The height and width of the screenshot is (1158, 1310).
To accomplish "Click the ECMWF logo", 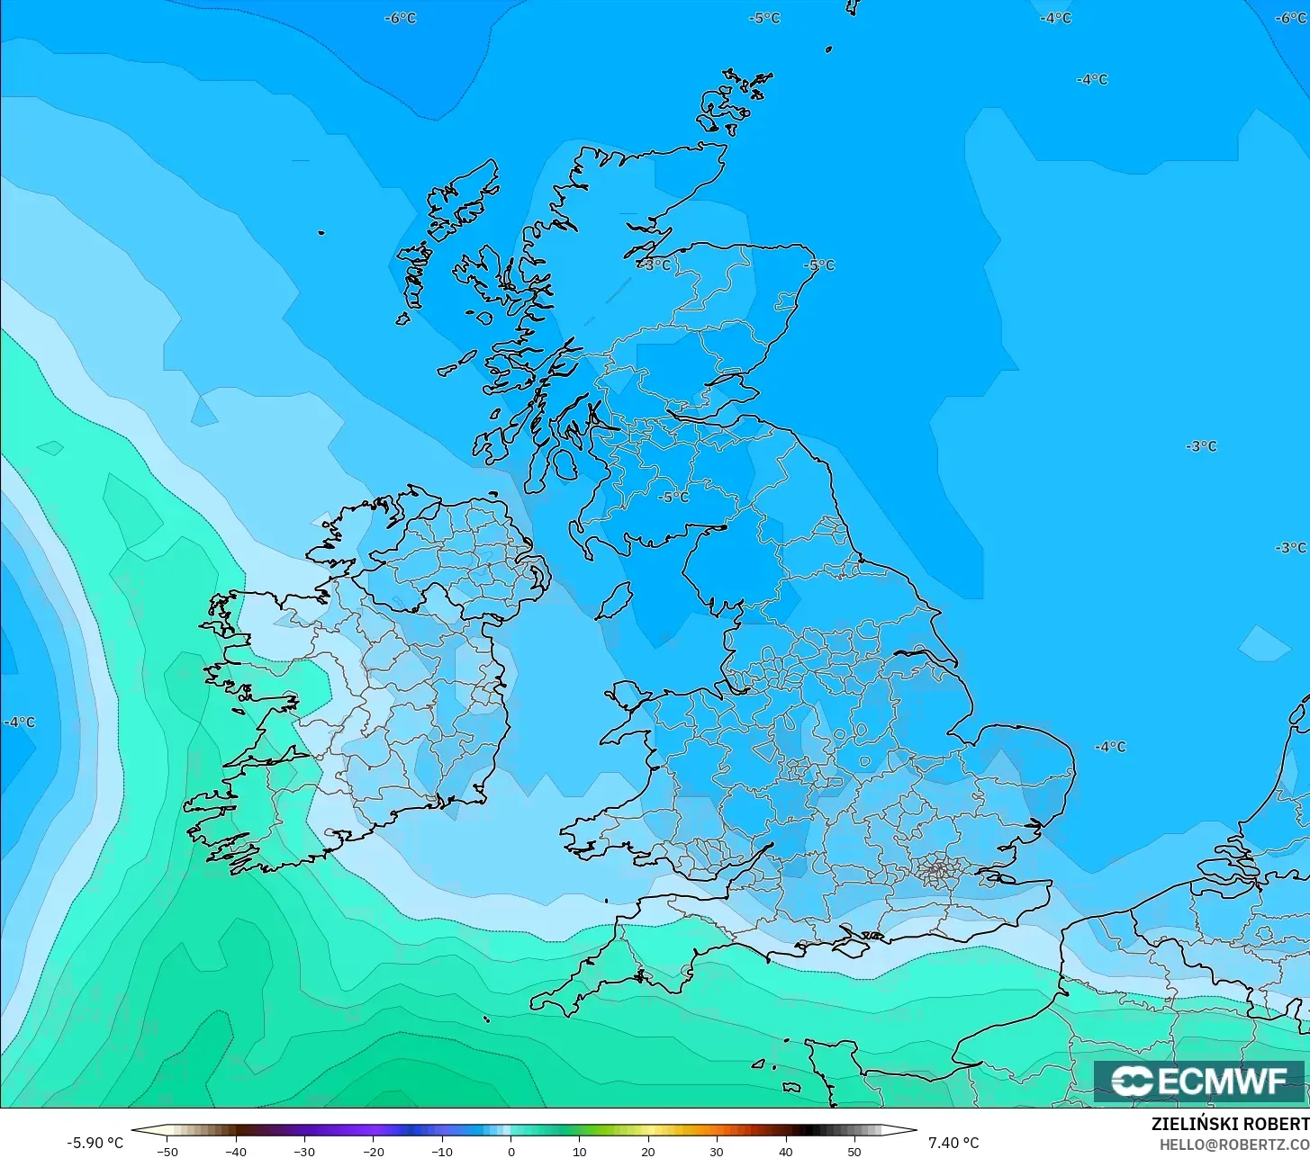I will tap(1199, 1081).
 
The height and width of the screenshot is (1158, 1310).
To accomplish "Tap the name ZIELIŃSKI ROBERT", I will tap(1230, 1124).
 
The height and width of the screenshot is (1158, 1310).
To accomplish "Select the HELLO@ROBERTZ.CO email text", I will tap(1233, 1145).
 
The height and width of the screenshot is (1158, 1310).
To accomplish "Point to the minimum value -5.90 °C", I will tap(95, 1143).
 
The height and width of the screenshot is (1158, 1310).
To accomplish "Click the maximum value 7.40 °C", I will tap(953, 1143).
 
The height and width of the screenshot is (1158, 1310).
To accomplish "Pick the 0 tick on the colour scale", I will tap(510, 1151).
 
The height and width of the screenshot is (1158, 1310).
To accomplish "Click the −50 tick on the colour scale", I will tap(167, 1151).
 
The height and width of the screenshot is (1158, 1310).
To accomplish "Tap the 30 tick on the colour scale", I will tap(717, 1151).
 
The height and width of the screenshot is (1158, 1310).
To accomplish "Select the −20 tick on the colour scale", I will tap(373, 1151).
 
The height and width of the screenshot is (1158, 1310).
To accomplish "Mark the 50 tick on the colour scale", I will tap(854, 1151).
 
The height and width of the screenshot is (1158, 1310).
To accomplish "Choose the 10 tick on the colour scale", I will tap(579, 1151).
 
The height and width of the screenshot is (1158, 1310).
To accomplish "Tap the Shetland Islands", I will tap(734, 101).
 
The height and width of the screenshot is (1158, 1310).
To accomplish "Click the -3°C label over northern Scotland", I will tap(655, 265).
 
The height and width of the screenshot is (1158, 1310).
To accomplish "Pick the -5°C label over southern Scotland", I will tap(673, 497).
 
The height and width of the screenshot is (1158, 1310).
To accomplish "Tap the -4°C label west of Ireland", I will tap(19, 723).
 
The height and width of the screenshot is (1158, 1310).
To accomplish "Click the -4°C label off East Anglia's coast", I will tap(1110, 747).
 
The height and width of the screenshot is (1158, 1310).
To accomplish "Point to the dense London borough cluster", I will tap(936, 869).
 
